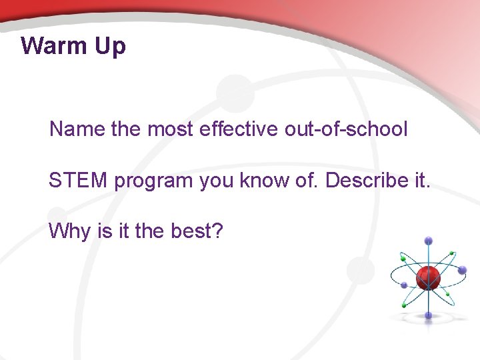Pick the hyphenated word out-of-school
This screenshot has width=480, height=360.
tap(345, 129)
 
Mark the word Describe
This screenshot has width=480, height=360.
tap(364, 180)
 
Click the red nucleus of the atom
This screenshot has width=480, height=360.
tap(428, 277)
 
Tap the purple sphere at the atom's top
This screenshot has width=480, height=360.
tap(428, 241)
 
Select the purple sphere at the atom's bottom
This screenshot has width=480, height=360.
tap(428, 315)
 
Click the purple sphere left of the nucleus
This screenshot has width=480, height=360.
tap(404, 285)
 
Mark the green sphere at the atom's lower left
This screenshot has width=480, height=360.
tap(403, 305)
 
